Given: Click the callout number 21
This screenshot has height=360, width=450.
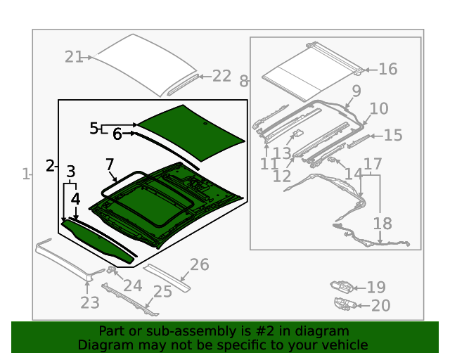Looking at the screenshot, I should click(x=74, y=57).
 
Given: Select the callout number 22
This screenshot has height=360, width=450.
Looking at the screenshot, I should click(x=221, y=76).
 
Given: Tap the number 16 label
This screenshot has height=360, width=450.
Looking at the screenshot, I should click(x=387, y=69).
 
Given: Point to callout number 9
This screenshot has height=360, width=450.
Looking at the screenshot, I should click(x=356, y=91).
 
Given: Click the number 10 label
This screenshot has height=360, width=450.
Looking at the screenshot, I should click(x=378, y=109).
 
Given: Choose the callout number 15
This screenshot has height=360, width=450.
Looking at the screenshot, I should click(x=392, y=135).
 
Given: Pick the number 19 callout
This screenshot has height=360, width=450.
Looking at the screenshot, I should click(x=376, y=287).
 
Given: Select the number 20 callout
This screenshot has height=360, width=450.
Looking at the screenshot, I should click(x=380, y=305).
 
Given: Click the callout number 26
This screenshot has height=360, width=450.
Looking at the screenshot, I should click(x=200, y=264).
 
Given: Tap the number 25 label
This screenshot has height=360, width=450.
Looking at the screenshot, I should click(x=162, y=291).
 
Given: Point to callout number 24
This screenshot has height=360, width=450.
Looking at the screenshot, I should click(x=132, y=285).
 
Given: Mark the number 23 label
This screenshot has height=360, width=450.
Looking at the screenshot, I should click(x=89, y=303).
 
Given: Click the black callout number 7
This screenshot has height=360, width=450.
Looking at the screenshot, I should click(x=109, y=165).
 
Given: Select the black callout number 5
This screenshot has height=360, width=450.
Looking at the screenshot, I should click(x=94, y=128).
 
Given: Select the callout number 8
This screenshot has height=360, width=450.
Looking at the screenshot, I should click(x=244, y=82).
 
